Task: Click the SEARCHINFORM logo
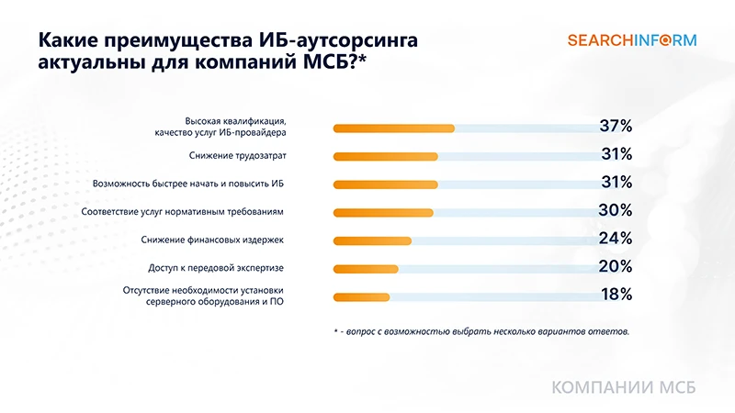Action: tap(631, 40)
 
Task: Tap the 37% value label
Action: tap(615, 127)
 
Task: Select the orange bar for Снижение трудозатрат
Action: tap(385, 156)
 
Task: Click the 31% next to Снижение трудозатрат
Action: tap(615, 154)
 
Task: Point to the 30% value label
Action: tap(615, 210)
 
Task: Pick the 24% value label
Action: tap(615, 239)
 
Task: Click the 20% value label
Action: tap(615, 267)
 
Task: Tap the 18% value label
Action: tap(615, 295)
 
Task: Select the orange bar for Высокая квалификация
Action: tap(393, 128)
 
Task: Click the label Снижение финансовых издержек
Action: tap(212, 240)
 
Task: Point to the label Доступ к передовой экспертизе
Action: tap(216, 268)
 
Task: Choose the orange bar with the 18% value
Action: tap(361, 296)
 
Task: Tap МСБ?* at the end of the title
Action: tap(334, 64)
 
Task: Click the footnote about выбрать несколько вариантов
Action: tap(481, 331)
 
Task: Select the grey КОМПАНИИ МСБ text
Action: tap(623, 387)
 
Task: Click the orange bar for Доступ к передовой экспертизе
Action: tap(365, 269)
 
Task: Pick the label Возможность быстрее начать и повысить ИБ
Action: tap(188, 184)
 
